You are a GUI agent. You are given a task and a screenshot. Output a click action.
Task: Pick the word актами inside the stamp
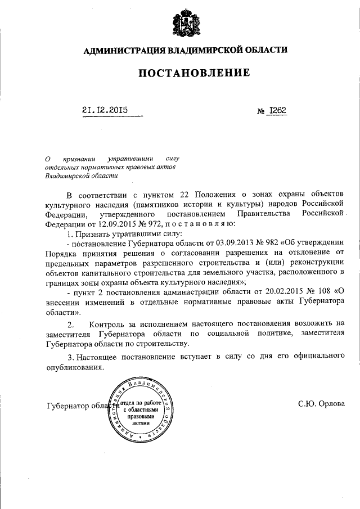pyautogui.click(x=146, y=424)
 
